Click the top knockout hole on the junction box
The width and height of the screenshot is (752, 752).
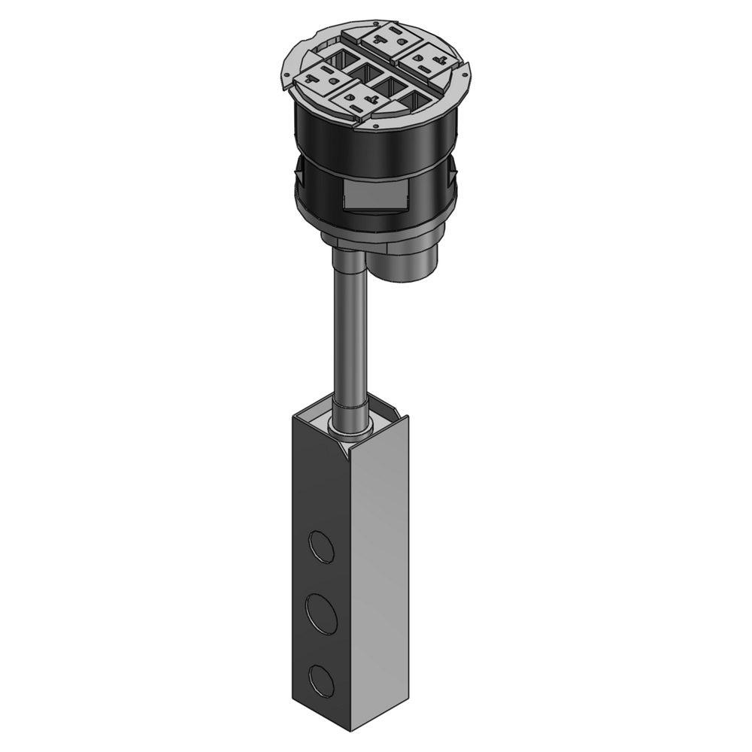(x=322, y=547)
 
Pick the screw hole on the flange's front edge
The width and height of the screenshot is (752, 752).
(x=374, y=126)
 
